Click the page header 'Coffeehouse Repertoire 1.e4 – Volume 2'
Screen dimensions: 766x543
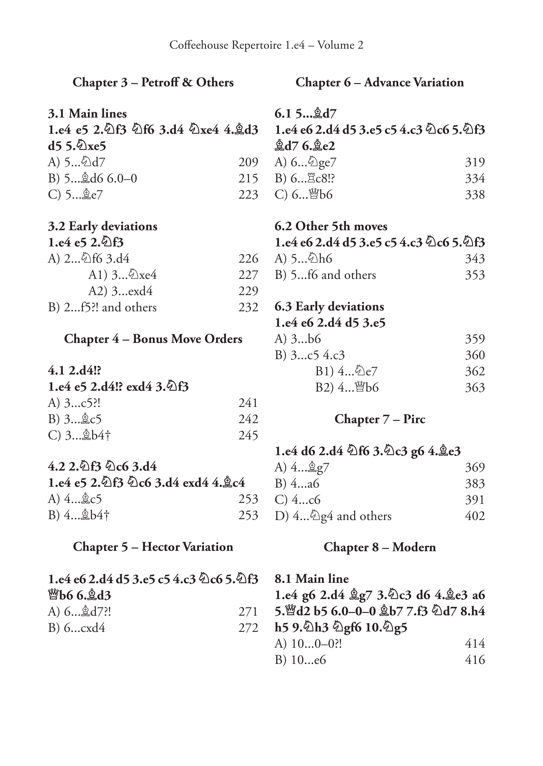pyautogui.click(x=266, y=45)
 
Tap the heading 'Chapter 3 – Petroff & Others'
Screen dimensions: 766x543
pyautogui.click(x=153, y=82)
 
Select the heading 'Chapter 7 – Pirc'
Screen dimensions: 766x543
pyautogui.click(x=380, y=419)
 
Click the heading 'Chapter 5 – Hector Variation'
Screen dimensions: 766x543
pyautogui.click(x=153, y=547)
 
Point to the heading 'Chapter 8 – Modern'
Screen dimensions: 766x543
pyautogui.click(x=380, y=547)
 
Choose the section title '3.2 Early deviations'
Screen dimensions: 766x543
pyautogui.click(x=103, y=226)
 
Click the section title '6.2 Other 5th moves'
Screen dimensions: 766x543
pyautogui.click(x=331, y=226)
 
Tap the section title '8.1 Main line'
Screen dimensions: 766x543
pyautogui.click(x=311, y=579)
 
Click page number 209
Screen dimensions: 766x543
pyautogui.click(x=248, y=162)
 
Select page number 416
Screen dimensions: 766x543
pyautogui.click(x=475, y=660)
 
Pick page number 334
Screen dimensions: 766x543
pyautogui.click(x=475, y=178)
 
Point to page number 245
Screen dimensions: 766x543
pyautogui.click(x=248, y=435)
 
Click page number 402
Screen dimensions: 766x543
pyautogui.click(x=475, y=516)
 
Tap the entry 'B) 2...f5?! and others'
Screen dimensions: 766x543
pyautogui.click(x=102, y=307)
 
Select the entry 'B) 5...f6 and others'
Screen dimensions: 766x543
pyautogui.click(x=325, y=275)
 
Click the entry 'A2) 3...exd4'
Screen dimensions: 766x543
pyautogui.click(x=120, y=291)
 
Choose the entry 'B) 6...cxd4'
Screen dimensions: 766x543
pyautogui.click(x=77, y=628)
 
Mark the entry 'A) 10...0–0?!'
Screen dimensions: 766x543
pyautogui.click(x=308, y=644)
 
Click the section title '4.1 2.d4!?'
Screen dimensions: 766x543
pyautogui.click(x=74, y=370)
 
